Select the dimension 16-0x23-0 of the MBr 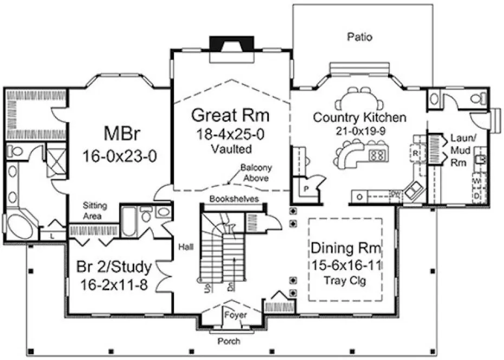click(x=120, y=157)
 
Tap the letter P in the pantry click(x=306, y=189)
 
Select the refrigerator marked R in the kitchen click(x=416, y=153)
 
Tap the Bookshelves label click(x=230, y=198)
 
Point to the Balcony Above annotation click(x=253, y=173)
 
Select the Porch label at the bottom click(x=228, y=341)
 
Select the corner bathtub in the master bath click(x=21, y=224)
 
